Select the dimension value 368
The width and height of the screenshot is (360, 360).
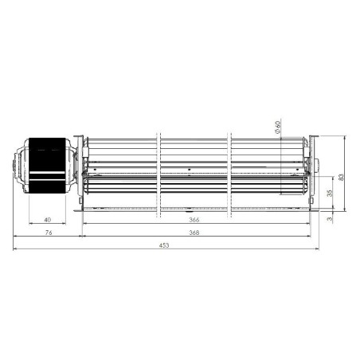coord(194,233)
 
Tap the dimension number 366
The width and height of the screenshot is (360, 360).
coord(194,220)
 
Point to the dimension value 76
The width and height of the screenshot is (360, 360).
coord(48,233)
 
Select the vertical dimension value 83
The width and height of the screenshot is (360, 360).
coord(342,176)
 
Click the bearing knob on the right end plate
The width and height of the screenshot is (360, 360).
coord(315,166)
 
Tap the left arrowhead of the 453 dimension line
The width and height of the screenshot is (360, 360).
coord(16,250)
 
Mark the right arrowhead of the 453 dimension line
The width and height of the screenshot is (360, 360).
coord(318,250)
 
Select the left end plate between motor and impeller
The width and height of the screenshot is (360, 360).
coord(80,171)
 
